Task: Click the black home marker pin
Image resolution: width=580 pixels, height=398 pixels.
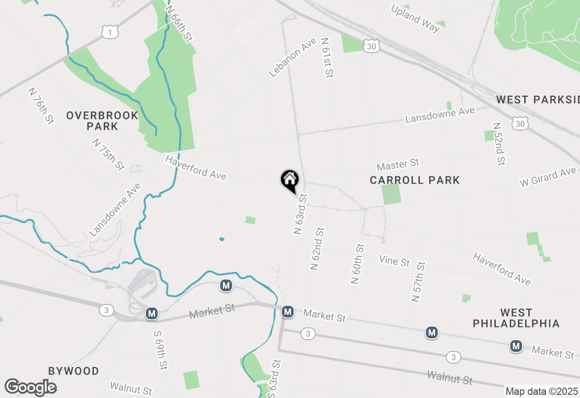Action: tap(290, 180)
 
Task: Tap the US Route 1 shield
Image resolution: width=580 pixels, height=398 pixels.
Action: tap(110, 31)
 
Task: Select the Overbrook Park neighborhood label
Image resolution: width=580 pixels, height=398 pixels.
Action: tap(102, 121)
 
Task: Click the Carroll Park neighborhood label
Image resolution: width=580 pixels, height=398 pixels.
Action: tap(415, 180)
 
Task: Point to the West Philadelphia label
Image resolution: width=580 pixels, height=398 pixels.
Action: tap(516, 318)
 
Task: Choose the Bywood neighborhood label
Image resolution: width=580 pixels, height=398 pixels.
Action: tap(73, 371)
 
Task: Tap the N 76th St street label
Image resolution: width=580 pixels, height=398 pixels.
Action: tap(41, 106)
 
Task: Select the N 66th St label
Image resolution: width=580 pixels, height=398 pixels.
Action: tap(178, 24)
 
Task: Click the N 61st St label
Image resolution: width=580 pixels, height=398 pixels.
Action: tap(327, 57)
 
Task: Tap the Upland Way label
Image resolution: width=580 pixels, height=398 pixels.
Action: tap(415, 19)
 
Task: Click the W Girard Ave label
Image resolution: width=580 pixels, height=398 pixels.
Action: tap(547, 177)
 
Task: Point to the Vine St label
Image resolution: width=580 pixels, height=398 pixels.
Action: tap(394, 261)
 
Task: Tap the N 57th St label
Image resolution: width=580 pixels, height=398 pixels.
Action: tap(418, 281)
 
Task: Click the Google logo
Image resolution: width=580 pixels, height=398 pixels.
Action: tap(30, 387)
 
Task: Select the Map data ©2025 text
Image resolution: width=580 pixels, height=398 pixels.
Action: tap(541, 392)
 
